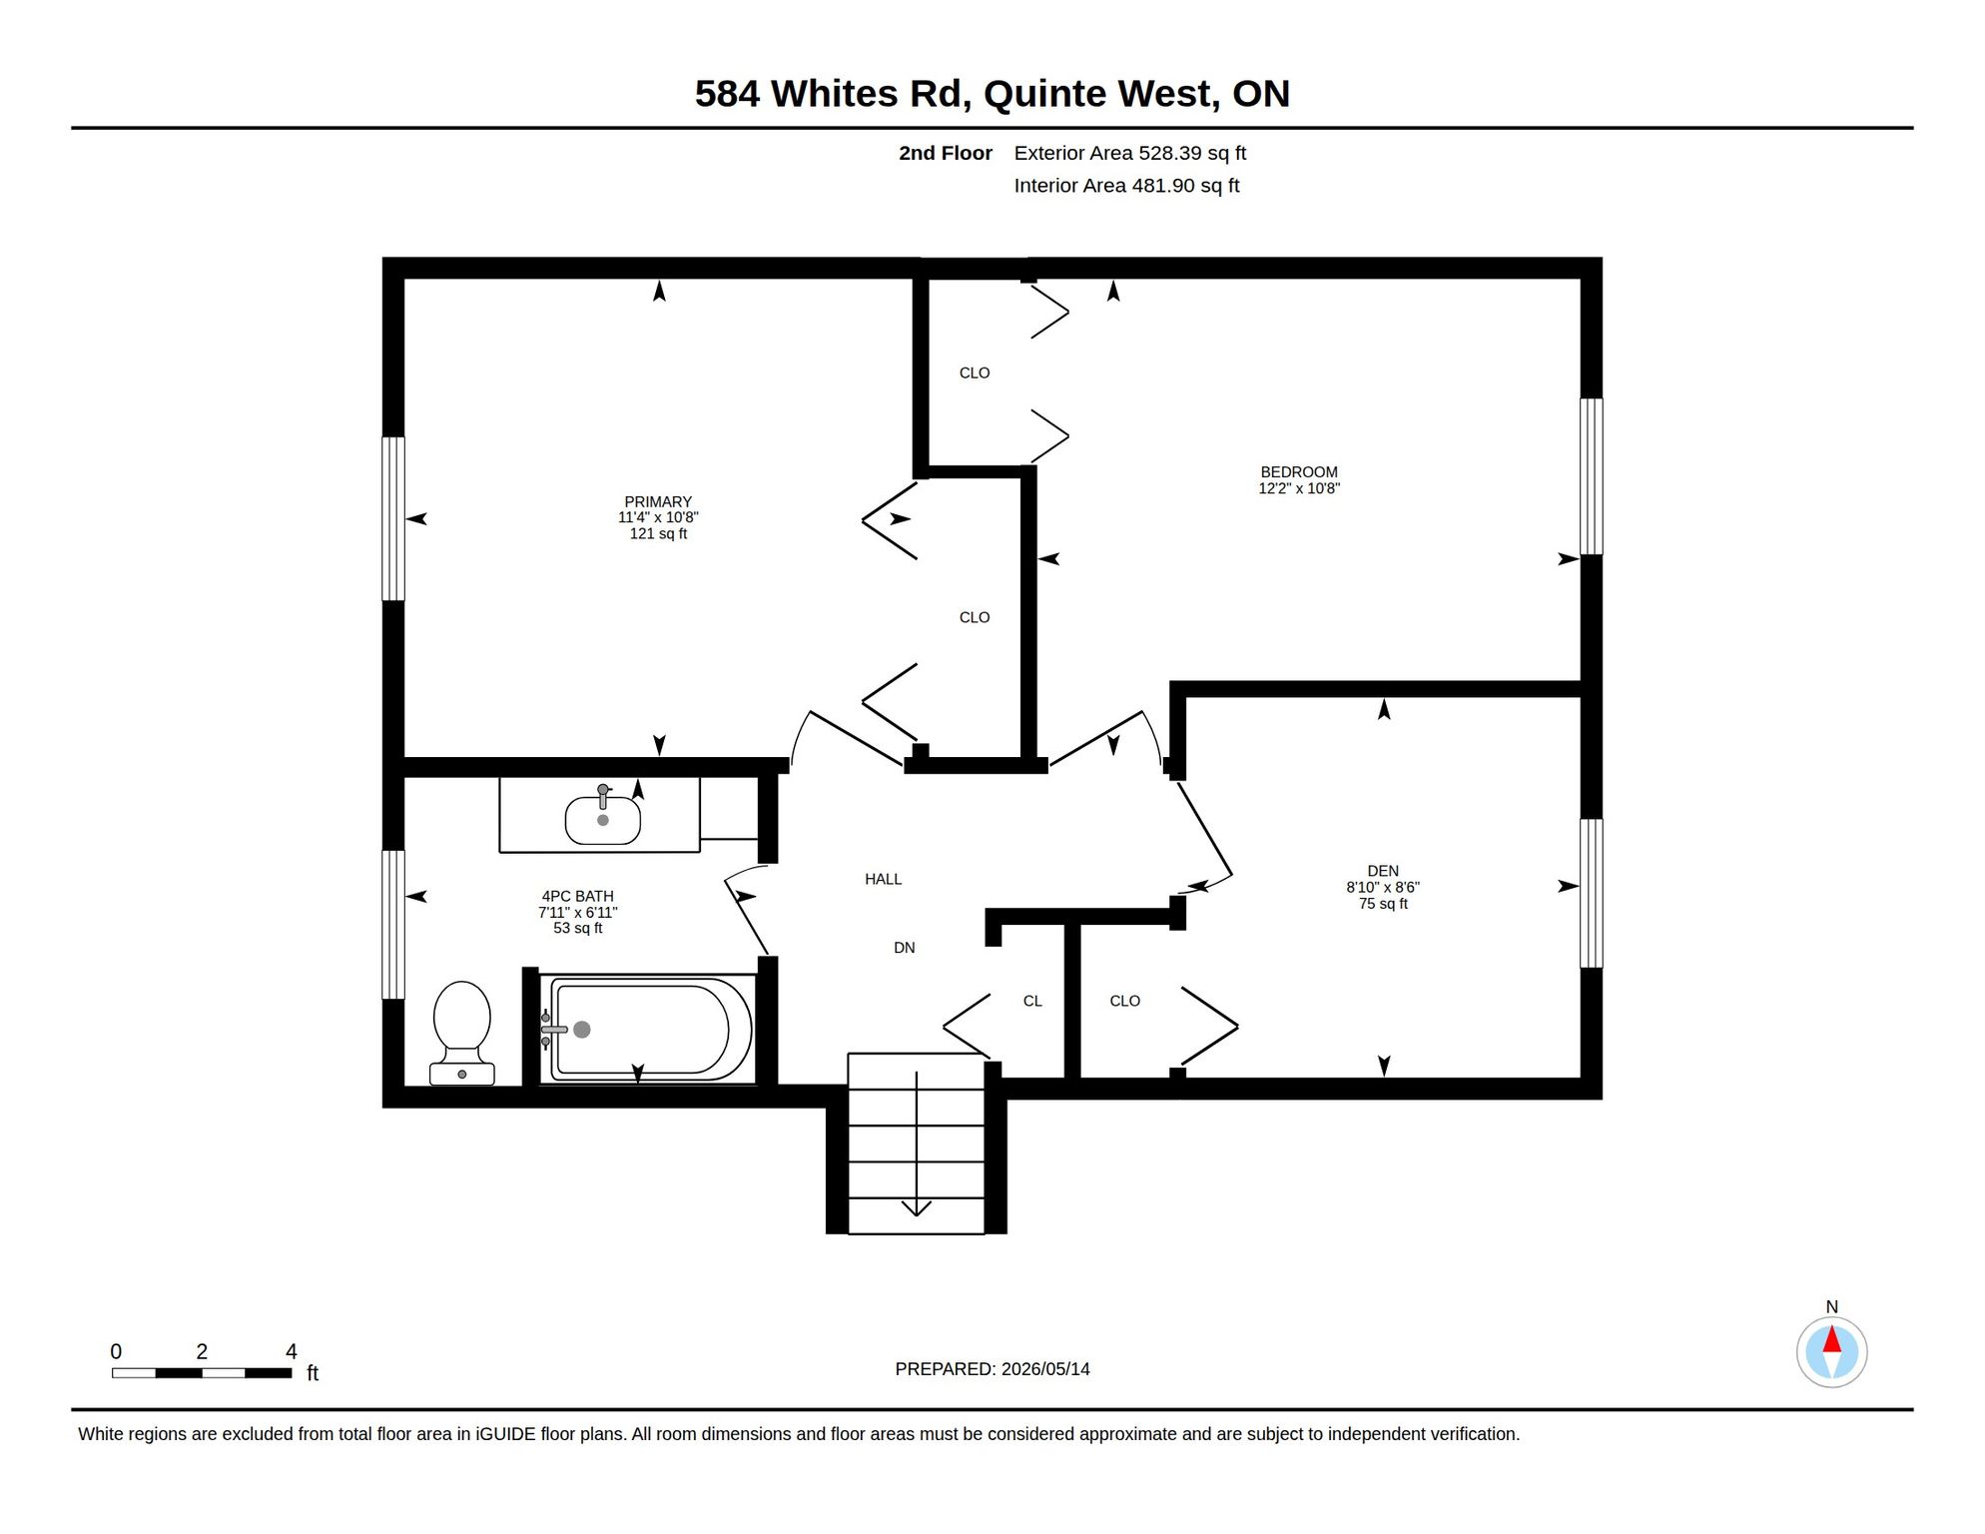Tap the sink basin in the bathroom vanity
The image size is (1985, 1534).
point(603,820)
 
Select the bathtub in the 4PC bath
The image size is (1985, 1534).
point(648,1029)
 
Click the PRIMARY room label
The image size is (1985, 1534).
point(658,501)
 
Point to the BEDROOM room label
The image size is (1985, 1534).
point(1299,471)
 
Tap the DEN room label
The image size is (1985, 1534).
point(1383,871)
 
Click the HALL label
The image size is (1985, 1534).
point(884,879)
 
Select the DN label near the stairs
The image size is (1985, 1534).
point(905,948)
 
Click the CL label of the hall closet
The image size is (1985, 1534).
point(1032,1001)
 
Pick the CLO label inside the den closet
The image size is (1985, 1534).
point(1125,1001)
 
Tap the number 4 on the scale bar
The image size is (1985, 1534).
point(292,1351)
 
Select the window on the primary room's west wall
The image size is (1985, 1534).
point(393,518)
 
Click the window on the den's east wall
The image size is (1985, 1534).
point(1592,893)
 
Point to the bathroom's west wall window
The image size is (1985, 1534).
point(393,925)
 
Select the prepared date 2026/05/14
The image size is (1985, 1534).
point(1045,1369)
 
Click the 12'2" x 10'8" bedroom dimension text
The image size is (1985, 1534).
point(1299,488)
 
